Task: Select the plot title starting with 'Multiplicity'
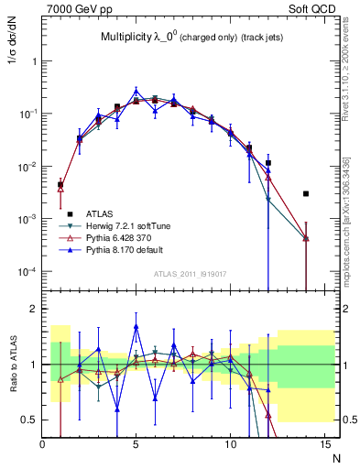point(191,38)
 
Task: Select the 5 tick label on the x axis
point(136,445)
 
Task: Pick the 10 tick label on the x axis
point(230,445)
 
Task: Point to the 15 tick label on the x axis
point(324,445)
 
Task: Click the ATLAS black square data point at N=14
point(306,194)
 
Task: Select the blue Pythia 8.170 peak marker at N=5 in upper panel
point(136,91)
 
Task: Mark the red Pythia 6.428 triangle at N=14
point(306,238)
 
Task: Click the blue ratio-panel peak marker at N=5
point(136,326)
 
